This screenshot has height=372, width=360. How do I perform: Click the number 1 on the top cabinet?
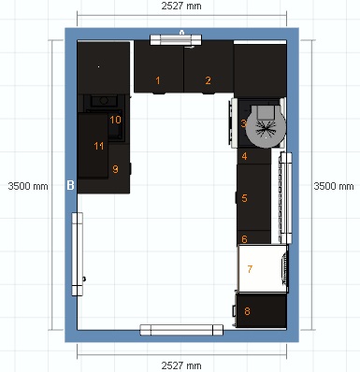coord(158,81)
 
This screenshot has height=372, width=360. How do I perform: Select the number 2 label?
coord(208,81)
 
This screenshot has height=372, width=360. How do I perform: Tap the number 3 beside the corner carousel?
coord(243,123)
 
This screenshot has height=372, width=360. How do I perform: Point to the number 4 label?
coord(244,157)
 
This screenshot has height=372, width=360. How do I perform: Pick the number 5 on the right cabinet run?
coord(244,198)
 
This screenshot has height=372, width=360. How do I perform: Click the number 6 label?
coord(244,239)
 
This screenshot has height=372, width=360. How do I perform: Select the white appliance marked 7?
coord(261,269)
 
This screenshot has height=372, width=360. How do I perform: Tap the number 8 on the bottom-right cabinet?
coord(248,310)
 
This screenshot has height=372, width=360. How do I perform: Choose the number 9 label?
coord(115,169)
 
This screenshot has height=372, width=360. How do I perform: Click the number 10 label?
coord(115,120)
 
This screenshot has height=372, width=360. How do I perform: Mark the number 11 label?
coord(98,146)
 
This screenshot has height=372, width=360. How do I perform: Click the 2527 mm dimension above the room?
coord(180,7)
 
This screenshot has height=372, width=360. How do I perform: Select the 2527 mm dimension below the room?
coord(180,364)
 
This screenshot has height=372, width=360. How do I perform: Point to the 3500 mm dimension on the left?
coord(26,186)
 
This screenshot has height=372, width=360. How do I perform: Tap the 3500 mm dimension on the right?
coord(334,186)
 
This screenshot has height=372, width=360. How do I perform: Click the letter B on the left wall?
coord(70,186)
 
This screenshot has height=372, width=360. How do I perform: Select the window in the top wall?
coord(175,37)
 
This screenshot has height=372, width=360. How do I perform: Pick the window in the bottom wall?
coord(183,329)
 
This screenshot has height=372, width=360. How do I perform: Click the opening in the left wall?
coord(79,248)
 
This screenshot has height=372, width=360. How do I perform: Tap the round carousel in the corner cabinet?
coord(265,123)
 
